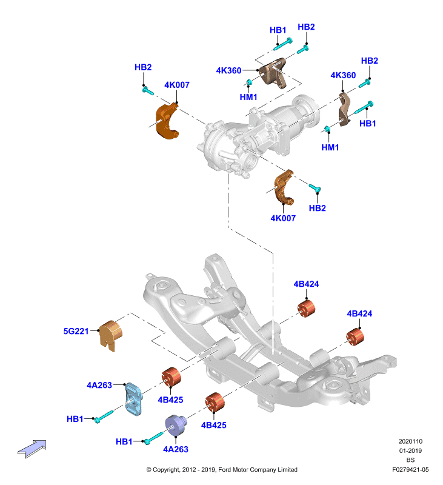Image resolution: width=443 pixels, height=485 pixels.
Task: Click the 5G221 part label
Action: tap(76, 331)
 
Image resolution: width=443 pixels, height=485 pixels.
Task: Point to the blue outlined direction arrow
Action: tap(32, 448)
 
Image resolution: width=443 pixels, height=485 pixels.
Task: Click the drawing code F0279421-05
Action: tap(410, 469)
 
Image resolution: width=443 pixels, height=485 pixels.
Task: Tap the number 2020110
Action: tap(410, 441)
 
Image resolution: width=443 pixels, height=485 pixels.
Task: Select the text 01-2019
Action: tap(410, 450)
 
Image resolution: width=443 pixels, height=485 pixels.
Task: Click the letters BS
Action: tap(410, 460)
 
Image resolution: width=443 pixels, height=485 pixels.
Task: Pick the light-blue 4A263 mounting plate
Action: tap(133, 398)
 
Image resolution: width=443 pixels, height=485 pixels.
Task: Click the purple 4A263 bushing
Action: tap(176, 426)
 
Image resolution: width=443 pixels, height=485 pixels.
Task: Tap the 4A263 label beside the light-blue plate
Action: tap(99, 385)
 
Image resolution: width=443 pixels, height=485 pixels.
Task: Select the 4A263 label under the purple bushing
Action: tap(176, 449)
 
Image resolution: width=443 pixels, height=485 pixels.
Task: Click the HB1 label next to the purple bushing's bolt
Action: tap(124, 442)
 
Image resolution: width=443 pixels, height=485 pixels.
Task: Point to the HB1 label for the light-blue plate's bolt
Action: tap(75, 419)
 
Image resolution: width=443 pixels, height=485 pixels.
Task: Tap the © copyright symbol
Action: tap(148, 470)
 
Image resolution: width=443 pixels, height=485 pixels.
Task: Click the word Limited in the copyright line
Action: tap(287, 469)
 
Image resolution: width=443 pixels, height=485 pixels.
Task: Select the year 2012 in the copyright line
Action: tap(189, 469)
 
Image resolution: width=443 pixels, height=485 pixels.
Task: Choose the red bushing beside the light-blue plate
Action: tap(172, 376)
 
